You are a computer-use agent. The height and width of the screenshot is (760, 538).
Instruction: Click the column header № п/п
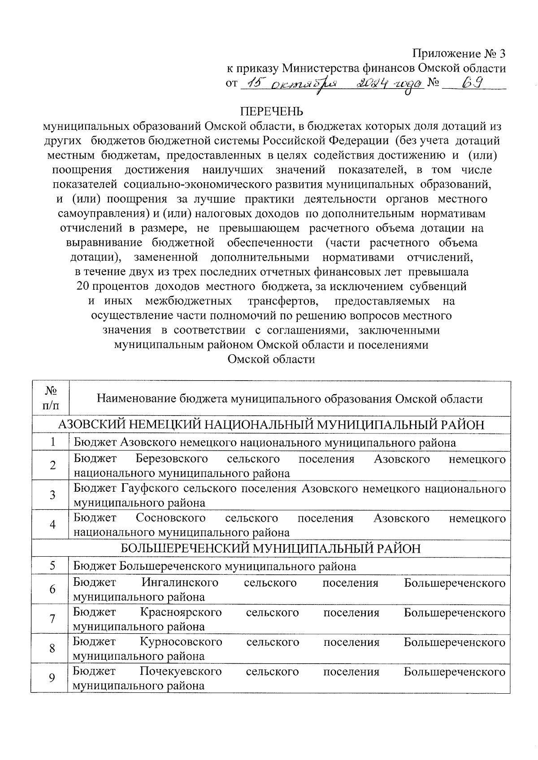50,399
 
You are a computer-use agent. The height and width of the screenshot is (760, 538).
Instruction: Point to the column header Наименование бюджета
290,399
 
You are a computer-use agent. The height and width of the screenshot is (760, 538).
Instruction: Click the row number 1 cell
52,442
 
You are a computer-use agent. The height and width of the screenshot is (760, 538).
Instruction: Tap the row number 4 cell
52,525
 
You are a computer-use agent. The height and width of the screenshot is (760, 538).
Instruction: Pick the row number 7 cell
52,619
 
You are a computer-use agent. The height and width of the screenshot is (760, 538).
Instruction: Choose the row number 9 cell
52,678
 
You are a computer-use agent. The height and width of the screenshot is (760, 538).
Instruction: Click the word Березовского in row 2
172,459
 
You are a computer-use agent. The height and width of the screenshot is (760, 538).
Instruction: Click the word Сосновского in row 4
171,519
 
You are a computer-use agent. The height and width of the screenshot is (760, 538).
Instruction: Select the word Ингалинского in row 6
180,583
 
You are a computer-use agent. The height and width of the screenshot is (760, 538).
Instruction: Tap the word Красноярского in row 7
181,613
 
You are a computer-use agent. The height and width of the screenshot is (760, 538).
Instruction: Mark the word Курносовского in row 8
181,642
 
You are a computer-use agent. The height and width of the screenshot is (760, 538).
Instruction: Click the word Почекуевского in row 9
181,672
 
